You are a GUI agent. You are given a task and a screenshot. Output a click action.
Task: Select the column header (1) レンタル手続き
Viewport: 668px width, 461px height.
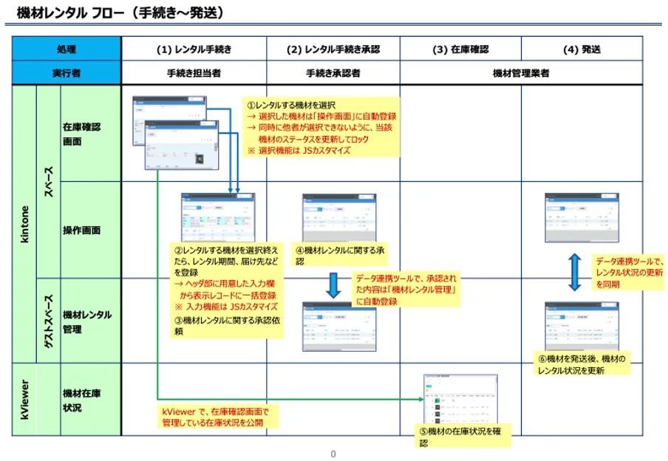[194, 49]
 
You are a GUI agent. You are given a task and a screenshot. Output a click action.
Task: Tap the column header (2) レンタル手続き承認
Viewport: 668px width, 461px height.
[333, 49]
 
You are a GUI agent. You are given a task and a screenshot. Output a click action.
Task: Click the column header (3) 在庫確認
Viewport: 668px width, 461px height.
[460, 49]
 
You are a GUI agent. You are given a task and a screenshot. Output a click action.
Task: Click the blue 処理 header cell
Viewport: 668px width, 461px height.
[67, 49]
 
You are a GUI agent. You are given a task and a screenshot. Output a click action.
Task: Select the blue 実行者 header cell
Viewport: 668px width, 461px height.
[67, 73]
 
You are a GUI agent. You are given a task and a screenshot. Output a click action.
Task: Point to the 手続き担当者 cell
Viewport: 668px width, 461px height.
[194, 73]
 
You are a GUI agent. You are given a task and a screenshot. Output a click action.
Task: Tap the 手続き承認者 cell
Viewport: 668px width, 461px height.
[333, 73]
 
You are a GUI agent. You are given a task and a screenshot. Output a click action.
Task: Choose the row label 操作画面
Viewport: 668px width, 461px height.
[81, 230]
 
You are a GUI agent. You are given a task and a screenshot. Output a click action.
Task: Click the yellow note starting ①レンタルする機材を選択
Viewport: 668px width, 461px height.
[321, 126]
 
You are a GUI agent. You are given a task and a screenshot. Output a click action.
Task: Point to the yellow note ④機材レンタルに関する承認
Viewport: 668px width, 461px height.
[341, 256]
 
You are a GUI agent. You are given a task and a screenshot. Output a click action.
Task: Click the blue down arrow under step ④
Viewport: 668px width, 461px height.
[333, 284]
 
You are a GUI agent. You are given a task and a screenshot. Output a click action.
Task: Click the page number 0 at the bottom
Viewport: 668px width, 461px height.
[333, 454]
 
